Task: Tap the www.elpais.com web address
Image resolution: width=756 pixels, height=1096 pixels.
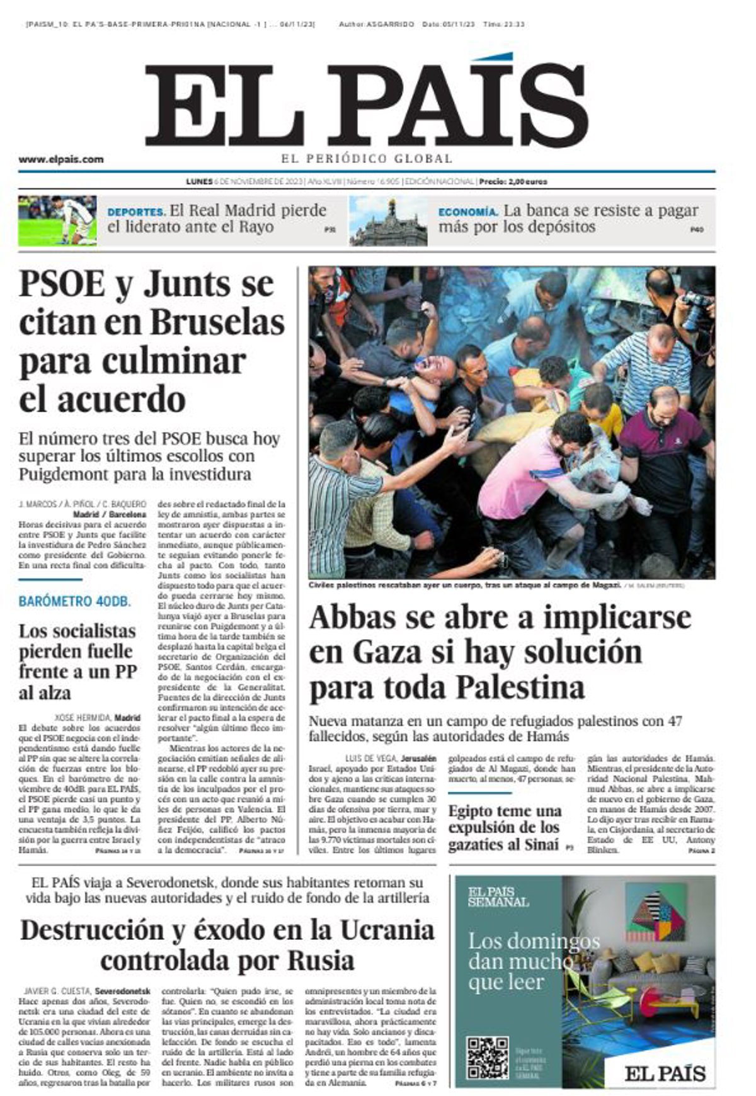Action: coord(61,159)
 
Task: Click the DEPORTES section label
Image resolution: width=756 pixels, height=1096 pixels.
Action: coord(136,212)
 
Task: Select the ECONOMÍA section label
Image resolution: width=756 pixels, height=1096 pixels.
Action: coord(468,212)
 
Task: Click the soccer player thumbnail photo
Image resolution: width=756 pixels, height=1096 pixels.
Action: coord(57,220)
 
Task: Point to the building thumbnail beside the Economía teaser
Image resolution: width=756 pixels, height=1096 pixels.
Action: coord(387,221)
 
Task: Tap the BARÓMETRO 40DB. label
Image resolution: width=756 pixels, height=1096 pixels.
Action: coord(75,601)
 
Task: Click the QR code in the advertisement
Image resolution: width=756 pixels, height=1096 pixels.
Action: coord(488,1057)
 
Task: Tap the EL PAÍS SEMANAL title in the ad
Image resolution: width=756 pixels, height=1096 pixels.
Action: coord(498,897)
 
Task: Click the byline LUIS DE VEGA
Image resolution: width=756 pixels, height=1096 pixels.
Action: coord(371,759)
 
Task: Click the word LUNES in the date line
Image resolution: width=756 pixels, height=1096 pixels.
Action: coord(199,181)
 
